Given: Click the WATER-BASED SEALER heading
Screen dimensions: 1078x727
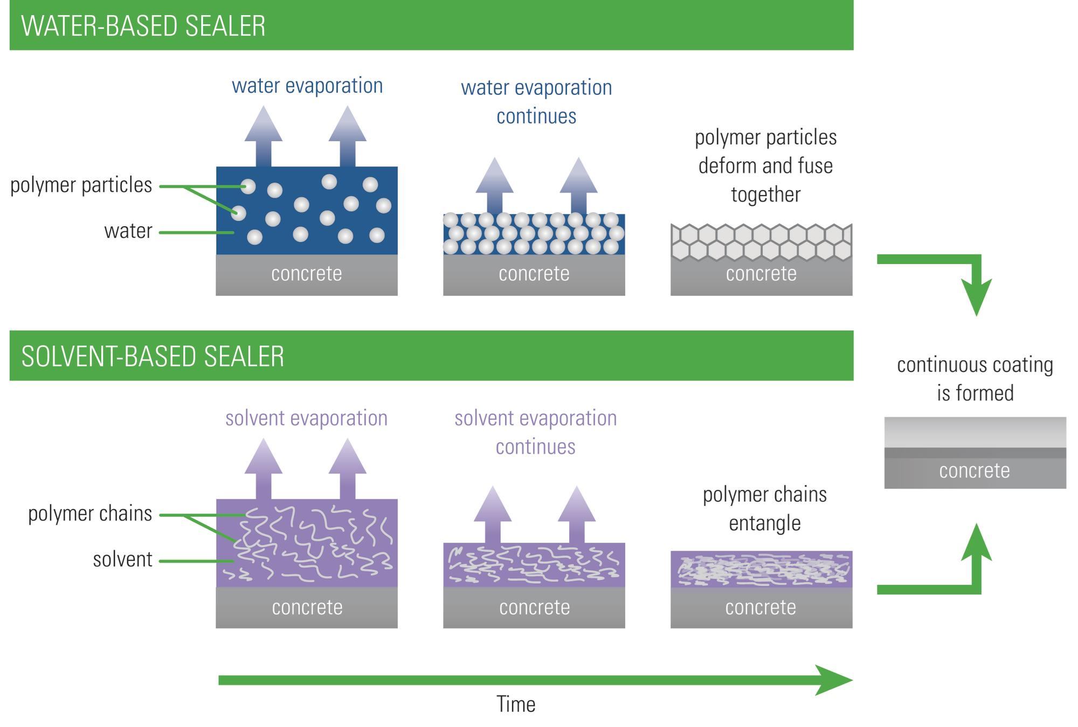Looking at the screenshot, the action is pyautogui.click(x=143, y=26).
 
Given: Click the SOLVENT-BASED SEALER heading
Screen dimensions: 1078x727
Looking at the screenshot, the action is pyautogui.click(x=153, y=356).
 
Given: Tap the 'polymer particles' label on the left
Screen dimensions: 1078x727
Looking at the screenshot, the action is pyautogui.click(x=81, y=185).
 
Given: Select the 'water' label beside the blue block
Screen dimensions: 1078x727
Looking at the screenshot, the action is pyautogui.click(x=128, y=231).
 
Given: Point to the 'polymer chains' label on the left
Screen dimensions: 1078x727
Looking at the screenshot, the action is pyautogui.click(x=90, y=514).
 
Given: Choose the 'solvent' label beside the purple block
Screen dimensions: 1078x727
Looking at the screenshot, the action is pyautogui.click(x=123, y=559).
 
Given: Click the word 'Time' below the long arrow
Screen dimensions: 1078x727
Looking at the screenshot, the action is pyautogui.click(x=516, y=704).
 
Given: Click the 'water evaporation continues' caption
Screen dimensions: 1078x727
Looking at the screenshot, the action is pyautogui.click(x=536, y=102).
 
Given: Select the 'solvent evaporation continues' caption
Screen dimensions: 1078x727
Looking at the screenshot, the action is pyautogui.click(x=536, y=432).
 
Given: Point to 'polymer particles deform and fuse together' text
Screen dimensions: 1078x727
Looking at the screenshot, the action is pyautogui.click(x=765, y=166).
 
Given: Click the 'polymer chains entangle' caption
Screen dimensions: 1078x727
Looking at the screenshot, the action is pyautogui.click(x=765, y=509).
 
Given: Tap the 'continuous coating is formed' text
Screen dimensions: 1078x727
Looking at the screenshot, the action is pyautogui.click(x=975, y=379).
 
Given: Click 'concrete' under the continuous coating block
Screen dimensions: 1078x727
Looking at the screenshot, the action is pyautogui.click(x=975, y=470).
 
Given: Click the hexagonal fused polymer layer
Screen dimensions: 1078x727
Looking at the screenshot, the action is pyautogui.click(x=761, y=243).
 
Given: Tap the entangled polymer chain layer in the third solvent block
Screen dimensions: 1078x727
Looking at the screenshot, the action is pyautogui.click(x=761, y=569).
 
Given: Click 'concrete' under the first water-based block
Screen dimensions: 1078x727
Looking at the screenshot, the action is pyautogui.click(x=307, y=274).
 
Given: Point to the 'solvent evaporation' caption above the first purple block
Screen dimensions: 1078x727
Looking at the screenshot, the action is pyautogui.click(x=307, y=418).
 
